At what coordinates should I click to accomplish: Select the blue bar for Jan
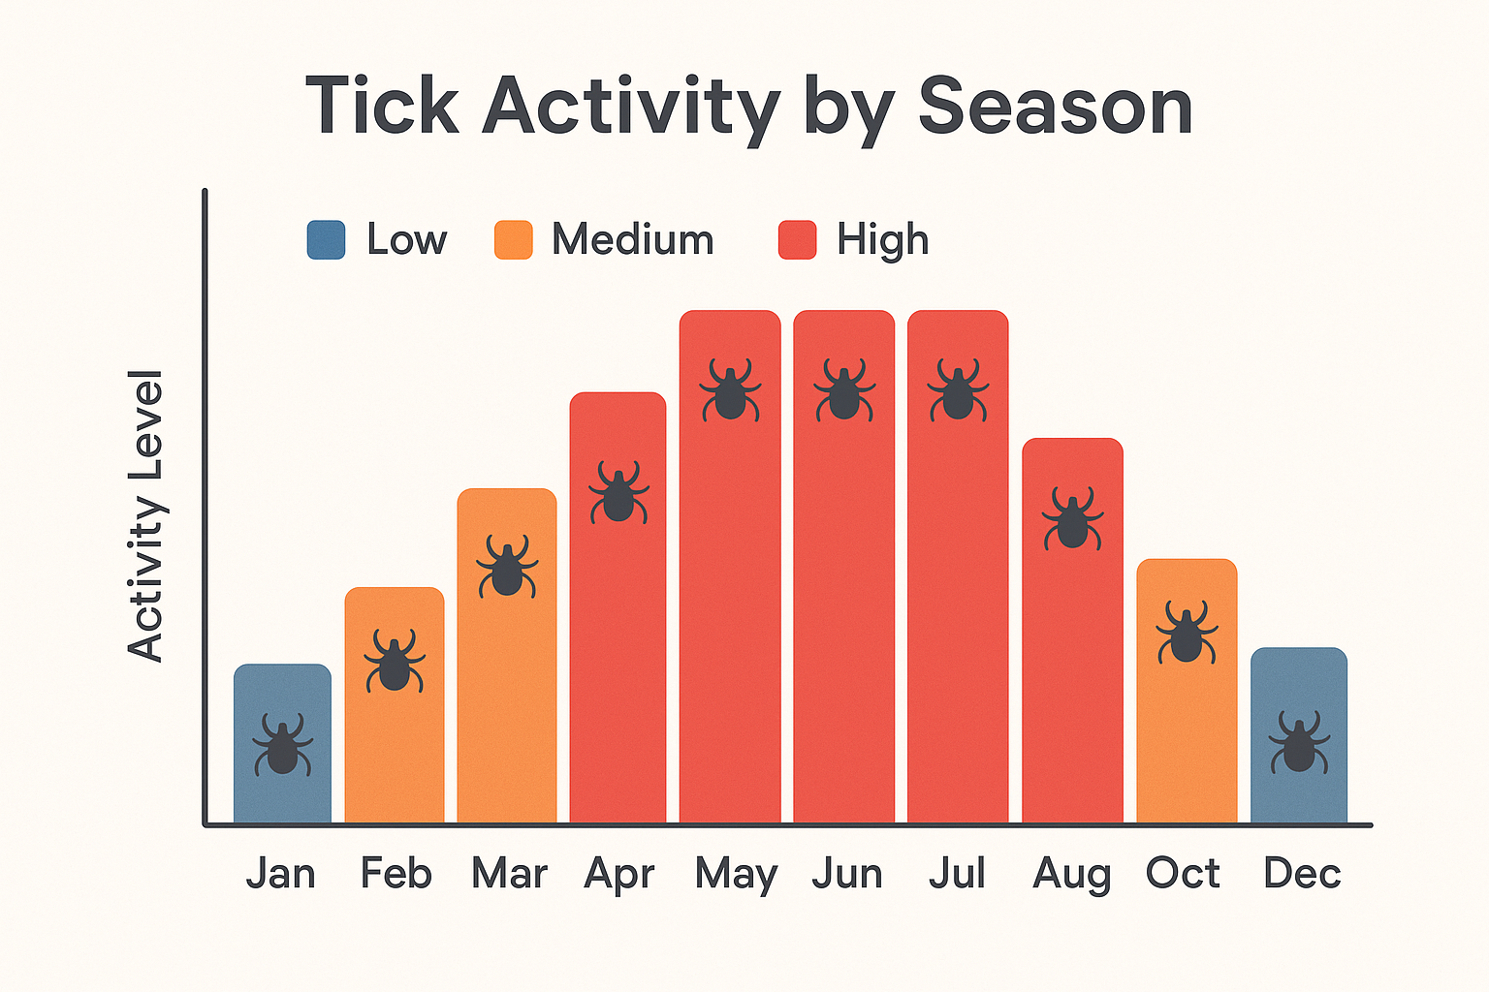pyautogui.click(x=282, y=697)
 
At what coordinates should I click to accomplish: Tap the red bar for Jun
pyautogui.click(x=843, y=601)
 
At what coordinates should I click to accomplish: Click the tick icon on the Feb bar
pyautogui.click(x=395, y=662)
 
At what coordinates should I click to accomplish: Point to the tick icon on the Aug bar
pyautogui.click(x=1072, y=519)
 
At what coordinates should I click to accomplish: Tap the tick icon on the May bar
pyautogui.click(x=730, y=390)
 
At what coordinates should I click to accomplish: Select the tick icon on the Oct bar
pyautogui.click(x=1187, y=633)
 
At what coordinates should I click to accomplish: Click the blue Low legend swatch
pyautogui.click(x=326, y=240)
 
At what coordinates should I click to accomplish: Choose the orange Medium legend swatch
pyautogui.click(x=514, y=240)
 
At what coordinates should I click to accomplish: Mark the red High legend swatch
pyautogui.click(x=798, y=240)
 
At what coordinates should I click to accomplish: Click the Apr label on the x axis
pyautogui.click(x=619, y=875)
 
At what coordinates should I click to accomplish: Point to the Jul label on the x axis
pyautogui.click(x=957, y=873)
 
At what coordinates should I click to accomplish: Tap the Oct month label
pyautogui.click(x=1183, y=873)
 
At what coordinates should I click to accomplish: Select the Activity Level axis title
pyautogui.click(x=146, y=515)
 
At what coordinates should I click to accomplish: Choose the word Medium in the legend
pyautogui.click(x=632, y=239)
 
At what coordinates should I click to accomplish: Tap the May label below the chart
pyautogui.click(x=736, y=875)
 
